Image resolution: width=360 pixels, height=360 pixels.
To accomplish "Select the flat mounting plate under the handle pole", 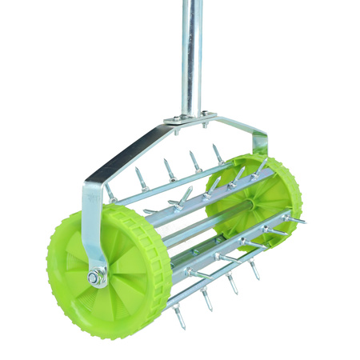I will pyautogui.click(x=191, y=118).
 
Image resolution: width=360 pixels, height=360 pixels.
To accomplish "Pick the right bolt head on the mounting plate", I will pyautogui.click(x=203, y=114).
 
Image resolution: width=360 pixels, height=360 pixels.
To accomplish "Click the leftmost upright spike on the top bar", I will pyautogui.click(x=139, y=176).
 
